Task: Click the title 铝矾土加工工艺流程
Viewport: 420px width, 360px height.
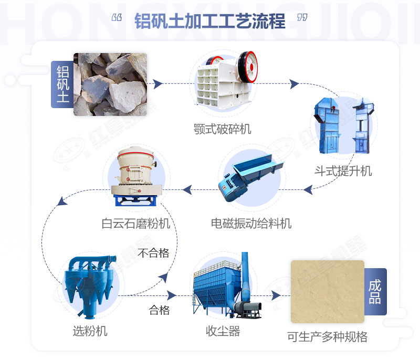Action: tap(209, 21)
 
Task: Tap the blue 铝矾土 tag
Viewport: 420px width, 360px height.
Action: tap(62, 84)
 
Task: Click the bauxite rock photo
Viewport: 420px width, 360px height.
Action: tap(110, 84)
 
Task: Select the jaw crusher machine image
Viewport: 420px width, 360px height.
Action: tap(226, 80)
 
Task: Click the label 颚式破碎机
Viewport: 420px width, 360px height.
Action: tap(222, 129)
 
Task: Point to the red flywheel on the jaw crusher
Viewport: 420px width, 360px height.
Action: tap(248, 67)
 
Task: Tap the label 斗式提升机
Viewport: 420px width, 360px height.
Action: tap(343, 171)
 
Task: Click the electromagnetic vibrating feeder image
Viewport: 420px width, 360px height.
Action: tap(250, 178)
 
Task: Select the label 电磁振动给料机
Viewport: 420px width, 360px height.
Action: tap(251, 223)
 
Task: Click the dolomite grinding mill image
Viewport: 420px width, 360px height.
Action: tap(136, 176)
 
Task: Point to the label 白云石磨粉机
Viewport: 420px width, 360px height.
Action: tap(136, 223)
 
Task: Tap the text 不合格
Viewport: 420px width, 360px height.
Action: tap(153, 252)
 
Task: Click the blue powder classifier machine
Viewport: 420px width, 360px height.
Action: tap(91, 287)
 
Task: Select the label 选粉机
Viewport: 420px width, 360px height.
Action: tap(90, 331)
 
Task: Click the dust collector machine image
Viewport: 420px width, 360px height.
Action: tap(227, 285)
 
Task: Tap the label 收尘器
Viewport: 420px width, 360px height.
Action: tap(223, 331)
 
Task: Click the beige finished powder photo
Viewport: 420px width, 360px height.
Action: tap(328, 291)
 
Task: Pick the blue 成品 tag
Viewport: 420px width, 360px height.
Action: tap(375, 292)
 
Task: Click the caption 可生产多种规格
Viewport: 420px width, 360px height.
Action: tap(327, 337)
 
